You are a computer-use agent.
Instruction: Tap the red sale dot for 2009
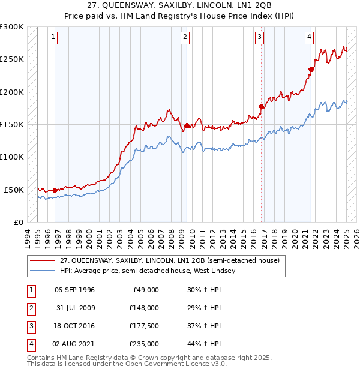coord(187,125)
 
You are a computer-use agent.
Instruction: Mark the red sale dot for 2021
coord(311,69)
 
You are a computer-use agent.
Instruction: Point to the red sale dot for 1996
coord(55,190)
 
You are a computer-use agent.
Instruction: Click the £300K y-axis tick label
coord(11,27)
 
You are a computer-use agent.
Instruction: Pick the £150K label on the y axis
coord(11,124)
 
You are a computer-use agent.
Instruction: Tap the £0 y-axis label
coord(18,222)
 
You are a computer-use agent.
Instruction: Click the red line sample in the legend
coord(43,261)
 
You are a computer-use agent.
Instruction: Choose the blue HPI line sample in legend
coord(43,271)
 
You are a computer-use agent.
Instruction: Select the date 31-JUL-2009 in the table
coord(74,308)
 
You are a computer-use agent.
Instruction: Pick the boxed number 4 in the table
coord(31,344)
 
